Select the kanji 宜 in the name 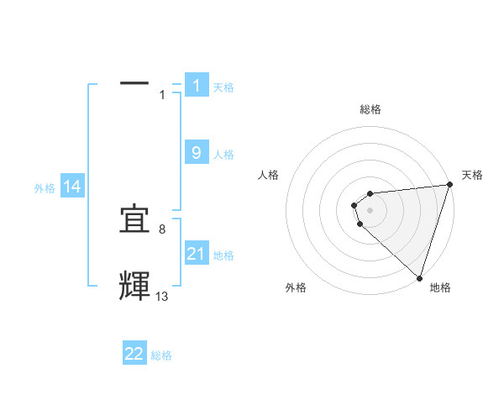pos(134,219)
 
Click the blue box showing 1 pos(197,85)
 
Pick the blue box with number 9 pos(197,153)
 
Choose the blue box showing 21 pos(197,253)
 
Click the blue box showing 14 pos(72,187)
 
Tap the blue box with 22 pos(134,354)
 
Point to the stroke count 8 pos(162,229)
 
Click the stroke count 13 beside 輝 pos(162,296)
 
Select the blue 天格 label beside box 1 pos(223,87)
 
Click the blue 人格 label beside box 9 pos(223,155)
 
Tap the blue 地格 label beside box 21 pos(223,255)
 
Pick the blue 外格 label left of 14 pos(45,189)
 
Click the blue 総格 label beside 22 pos(161,356)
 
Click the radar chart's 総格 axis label pos(370,109)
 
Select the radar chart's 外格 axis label pos(296,288)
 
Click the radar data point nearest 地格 pos(419,278)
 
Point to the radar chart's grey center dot pos(370,210)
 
